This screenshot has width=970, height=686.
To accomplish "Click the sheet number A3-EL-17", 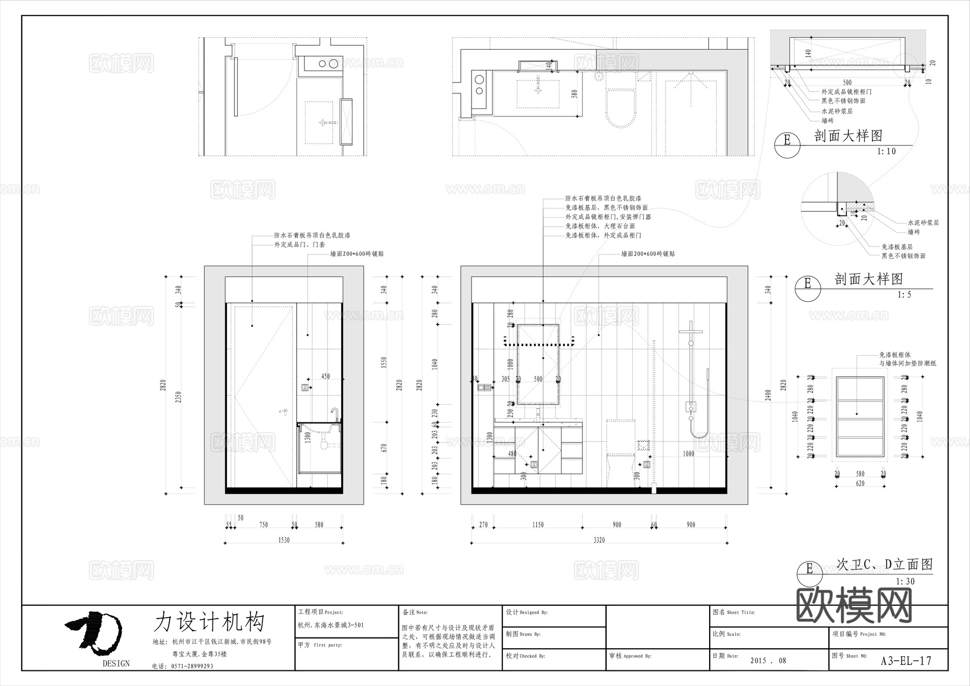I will click(x=905, y=661).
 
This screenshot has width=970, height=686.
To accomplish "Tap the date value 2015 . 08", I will click(x=768, y=661).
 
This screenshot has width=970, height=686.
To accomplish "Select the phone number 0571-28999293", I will click(x=192, y=666).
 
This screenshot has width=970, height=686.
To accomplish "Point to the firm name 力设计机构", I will click(x=209, y=622).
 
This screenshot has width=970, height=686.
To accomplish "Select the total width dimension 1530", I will click(x=283, y=540).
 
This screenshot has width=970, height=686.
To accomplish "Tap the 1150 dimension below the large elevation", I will click(x=538, y=524).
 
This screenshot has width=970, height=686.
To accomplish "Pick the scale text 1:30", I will click(x=905, y=581).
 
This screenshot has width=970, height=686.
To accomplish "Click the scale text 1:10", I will click(x=886, y=151).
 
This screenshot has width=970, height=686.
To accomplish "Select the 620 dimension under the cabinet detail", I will click(x=860, y=483).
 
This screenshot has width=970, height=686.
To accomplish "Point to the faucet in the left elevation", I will click(x=335, y=415).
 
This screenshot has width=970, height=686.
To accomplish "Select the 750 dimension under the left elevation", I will click(x=264, y=524).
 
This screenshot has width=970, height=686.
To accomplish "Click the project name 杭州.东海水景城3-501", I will click(x=331, y=625).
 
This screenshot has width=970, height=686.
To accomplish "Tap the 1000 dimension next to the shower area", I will click(x=688, y=454).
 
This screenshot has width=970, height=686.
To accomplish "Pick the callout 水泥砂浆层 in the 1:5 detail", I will click(x=923, y=223).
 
